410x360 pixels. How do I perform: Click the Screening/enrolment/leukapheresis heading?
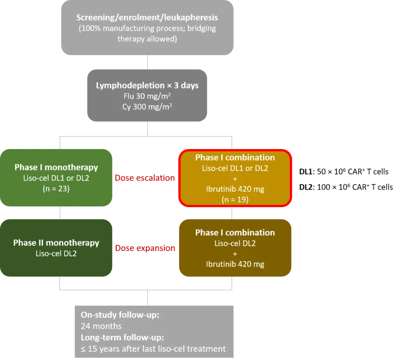[147, 18]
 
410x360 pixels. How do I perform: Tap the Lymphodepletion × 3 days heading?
[147, 86]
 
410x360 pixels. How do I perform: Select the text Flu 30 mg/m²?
[147, 96]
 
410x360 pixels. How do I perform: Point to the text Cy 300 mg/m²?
[147, 106]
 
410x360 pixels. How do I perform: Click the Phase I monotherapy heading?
[56, 168]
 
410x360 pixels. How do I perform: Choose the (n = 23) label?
[56, 189]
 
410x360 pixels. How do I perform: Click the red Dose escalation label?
[145, 178]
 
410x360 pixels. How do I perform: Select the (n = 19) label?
[235, 199]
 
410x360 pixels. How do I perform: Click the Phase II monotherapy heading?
[56, 243]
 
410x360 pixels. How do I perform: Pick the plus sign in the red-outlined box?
[235, 179]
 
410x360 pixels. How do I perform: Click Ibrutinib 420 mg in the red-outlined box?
[235, 189]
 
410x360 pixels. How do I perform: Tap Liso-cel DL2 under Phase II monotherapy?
[56, 254]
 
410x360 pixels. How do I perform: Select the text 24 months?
[101, 326]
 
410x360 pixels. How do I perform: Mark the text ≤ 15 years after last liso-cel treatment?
[153, 349]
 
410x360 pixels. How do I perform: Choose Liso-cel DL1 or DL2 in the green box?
[56, 178]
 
